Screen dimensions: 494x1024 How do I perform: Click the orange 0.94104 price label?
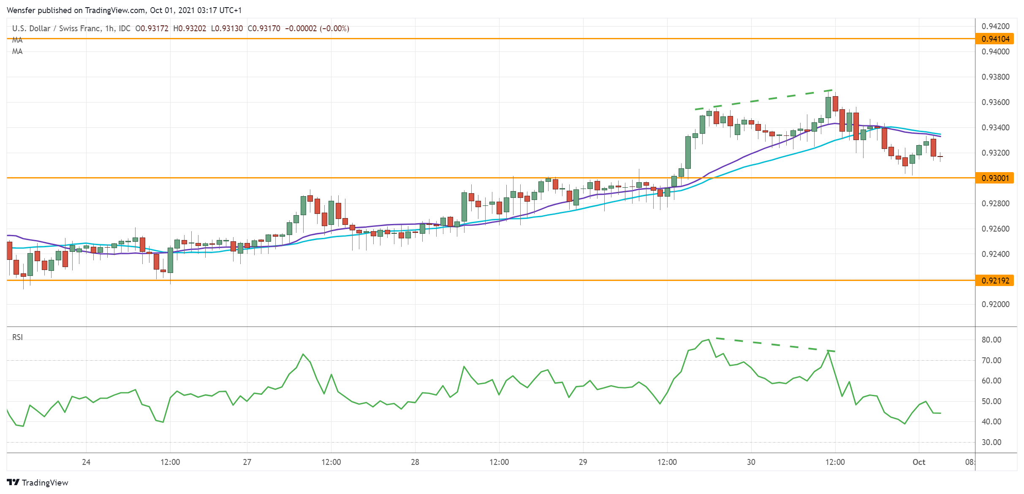click(995, 39)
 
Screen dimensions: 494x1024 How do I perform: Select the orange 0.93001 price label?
click(995, 178)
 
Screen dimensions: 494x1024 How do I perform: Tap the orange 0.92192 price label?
click(995, 281)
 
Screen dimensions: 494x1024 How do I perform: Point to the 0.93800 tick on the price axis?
click(995, 77)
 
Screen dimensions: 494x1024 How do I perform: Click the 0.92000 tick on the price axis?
click(995, 304)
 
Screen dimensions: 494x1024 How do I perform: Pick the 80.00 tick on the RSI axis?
click(991, 340)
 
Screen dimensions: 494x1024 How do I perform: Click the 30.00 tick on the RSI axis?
click(991, 442)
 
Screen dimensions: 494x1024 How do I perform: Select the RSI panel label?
click(17, 337)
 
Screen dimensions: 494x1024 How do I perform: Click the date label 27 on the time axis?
click(247, 462)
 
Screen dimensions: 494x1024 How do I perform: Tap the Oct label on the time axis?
click(919, 462)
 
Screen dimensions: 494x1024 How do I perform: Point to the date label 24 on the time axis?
click(86, 462)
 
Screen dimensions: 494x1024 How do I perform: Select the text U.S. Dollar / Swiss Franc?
click(56, 28)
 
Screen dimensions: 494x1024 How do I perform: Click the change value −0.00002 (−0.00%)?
click(317, 28)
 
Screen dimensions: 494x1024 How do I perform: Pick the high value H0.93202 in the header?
click(190, 28)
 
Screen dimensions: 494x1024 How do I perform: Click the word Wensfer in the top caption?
click(21, 10)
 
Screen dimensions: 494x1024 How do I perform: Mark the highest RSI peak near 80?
click(709, 339)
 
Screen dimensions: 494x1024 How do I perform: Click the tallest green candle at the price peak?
click(828, 107)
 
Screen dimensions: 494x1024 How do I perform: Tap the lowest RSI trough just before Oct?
click(905, 424)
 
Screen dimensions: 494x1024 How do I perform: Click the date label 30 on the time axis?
click(751, 462)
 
